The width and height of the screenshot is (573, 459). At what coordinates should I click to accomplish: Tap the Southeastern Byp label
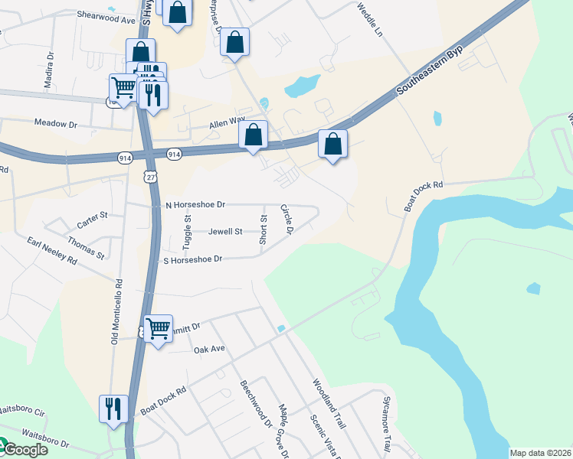[431, 75]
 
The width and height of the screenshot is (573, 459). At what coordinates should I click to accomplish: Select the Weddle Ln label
[369, 20]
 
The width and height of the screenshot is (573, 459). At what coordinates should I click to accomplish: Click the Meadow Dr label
[56, 123]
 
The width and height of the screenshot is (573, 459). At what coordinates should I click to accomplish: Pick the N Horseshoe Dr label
[195, 205]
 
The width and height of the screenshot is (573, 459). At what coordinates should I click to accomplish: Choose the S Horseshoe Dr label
[192, 259]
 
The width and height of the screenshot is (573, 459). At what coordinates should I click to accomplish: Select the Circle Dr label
[286, 220]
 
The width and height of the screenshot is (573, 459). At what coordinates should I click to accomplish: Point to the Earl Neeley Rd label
[52, 251]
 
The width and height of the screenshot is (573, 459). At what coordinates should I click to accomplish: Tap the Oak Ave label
[208, 349]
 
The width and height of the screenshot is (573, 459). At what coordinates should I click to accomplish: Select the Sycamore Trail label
[386, 422]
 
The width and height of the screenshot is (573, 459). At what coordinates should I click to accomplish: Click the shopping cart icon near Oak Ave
[158, 329]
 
